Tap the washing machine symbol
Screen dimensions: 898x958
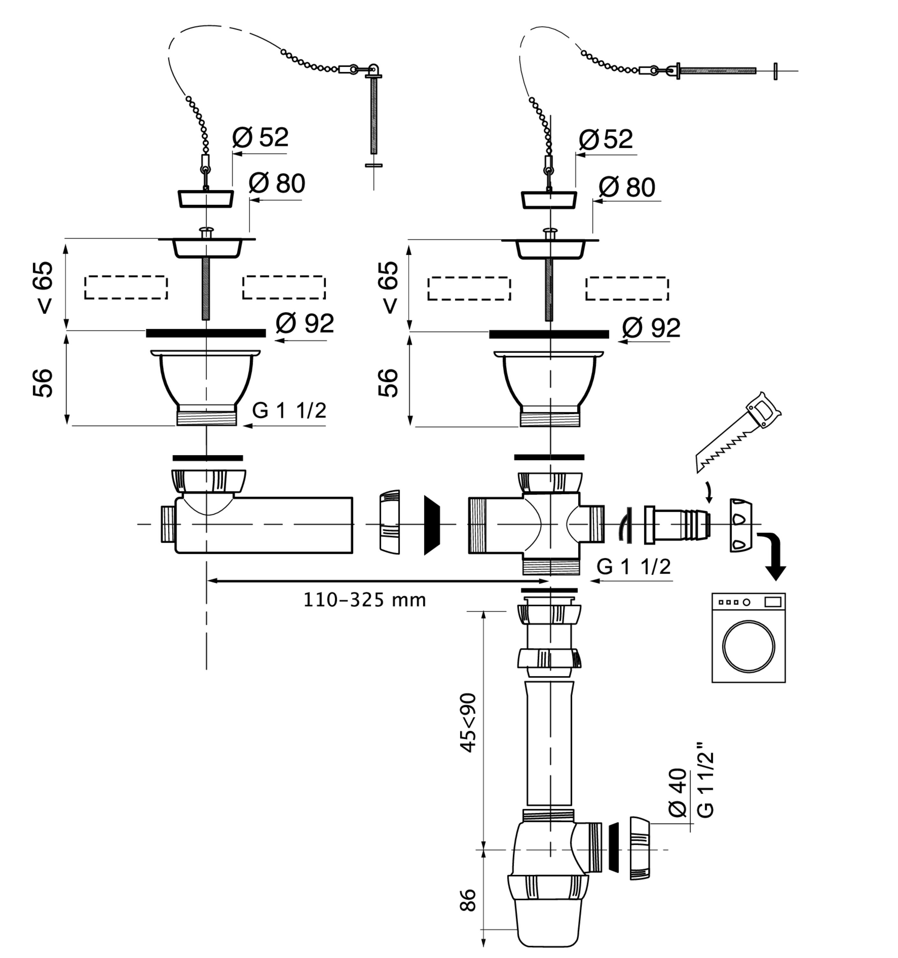pos(748,637)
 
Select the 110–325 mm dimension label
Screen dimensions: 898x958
pos(365,600)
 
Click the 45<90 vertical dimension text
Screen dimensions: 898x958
pos(467,722)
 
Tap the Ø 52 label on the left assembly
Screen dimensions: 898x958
pos(260,137)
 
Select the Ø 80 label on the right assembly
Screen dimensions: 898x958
pos(627,187)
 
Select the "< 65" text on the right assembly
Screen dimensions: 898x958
pos(389,288)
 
